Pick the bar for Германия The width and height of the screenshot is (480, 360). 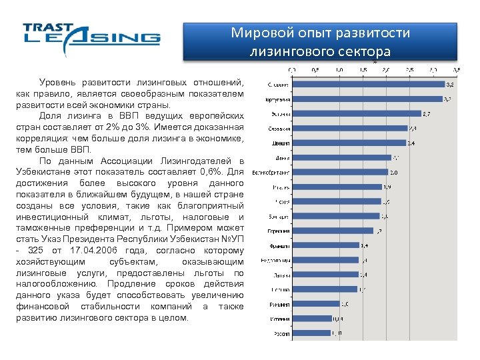click(333, 231)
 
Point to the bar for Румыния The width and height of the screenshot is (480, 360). click(316, 304)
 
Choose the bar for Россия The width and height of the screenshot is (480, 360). click(311, 333)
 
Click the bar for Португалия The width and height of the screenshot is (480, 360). click(367, 99)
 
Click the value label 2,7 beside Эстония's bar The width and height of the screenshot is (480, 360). click(427, 113)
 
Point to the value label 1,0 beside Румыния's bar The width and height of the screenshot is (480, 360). click(345, 304)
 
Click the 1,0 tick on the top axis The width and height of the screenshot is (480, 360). click(339, 69)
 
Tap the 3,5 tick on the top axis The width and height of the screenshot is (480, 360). click(457, 69)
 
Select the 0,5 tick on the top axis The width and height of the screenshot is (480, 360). click(316, 69)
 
